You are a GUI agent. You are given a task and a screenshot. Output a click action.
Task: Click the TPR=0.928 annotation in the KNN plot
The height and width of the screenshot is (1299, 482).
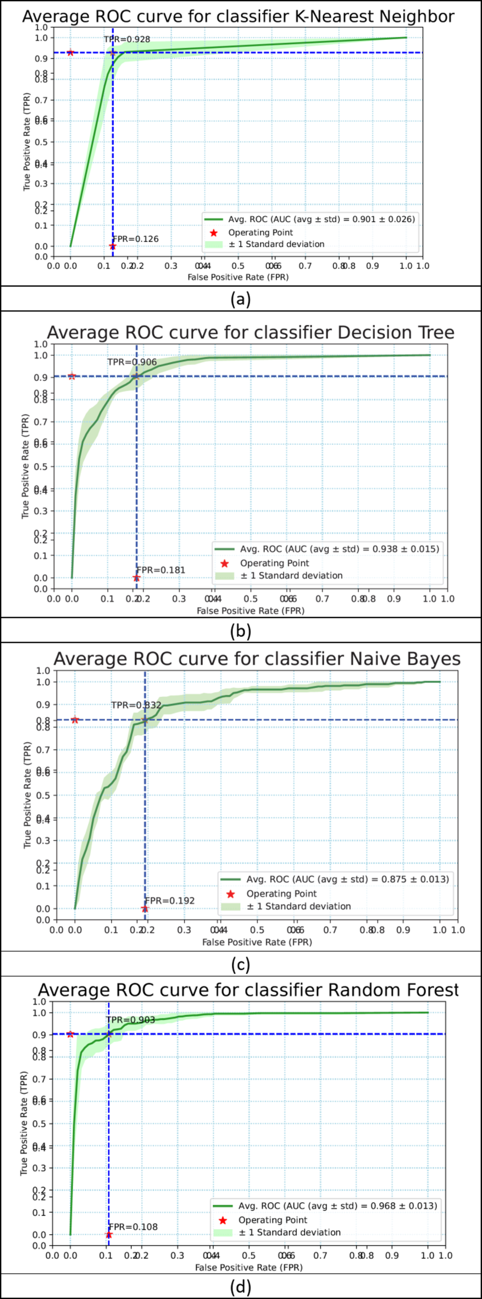[127, 40]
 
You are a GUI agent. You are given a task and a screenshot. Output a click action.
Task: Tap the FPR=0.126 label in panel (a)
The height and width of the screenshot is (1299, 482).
[136, 239]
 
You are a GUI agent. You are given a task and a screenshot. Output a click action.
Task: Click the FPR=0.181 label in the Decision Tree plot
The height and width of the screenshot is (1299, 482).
[161, 570]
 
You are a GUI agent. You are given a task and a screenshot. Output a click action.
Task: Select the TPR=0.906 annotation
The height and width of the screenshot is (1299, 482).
[132, 362]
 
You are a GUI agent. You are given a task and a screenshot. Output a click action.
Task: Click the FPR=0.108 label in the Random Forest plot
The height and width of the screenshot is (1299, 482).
[133, 1226]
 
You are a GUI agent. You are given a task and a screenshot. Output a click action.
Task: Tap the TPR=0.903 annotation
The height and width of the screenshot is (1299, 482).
[130, 1020]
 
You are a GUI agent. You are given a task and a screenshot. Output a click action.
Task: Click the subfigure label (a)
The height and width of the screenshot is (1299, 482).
[241, 299]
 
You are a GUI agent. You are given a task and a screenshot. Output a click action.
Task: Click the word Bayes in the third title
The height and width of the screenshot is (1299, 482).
[434, 658]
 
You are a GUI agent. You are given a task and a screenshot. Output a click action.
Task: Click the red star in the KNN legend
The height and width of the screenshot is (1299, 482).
[214, 233]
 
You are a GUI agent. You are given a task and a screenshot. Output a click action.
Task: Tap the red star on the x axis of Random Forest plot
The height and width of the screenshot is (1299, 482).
[109, 1235]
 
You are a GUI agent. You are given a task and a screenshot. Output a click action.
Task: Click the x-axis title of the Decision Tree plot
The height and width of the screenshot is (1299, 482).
[250, 610]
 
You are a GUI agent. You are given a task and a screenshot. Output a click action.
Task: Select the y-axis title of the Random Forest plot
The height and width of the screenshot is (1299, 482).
[24, 1124]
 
